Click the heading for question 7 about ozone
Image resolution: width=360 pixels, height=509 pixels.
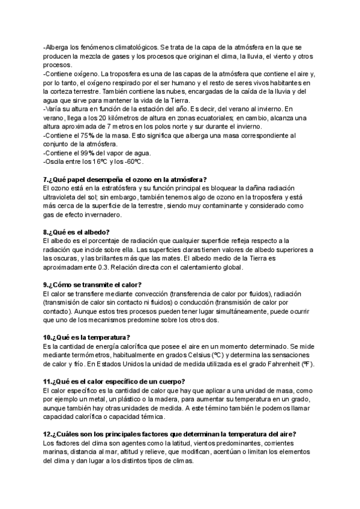(125, 179)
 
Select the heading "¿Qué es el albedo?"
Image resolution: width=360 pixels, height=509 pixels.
(77, 232)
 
